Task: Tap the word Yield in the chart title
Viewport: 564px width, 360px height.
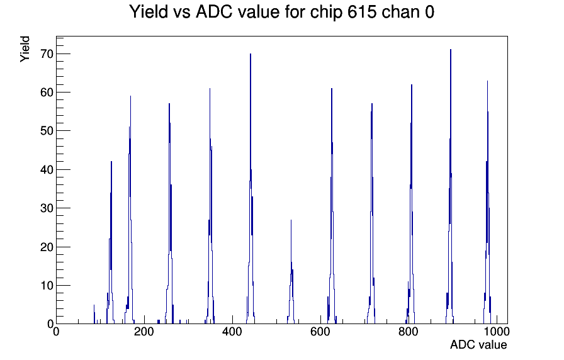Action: [x=148, y=11]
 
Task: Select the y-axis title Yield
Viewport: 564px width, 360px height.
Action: [x=25, y=49]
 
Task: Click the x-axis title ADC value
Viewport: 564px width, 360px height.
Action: [x=478, y=344]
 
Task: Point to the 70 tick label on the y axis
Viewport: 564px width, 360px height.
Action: [x=47, y=54]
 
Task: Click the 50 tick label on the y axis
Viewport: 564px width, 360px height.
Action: [x=47, y=131]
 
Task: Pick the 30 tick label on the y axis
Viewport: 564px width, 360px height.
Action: [x=47, y=208]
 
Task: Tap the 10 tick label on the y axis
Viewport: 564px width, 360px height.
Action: [x=47, y=286]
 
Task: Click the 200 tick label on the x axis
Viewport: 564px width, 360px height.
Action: [x=144, y=331]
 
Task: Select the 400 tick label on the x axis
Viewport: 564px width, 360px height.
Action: [x=232, y=331]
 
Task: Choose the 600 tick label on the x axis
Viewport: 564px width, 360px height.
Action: [x=320, y=331]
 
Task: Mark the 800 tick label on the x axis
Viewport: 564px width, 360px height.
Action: [x=409, y=331]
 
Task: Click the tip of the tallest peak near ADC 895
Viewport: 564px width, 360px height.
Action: [x=450, y=50]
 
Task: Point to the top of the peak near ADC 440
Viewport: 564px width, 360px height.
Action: [x=251, y=54]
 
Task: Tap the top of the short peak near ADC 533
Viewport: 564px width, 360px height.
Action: [x=291, y=220]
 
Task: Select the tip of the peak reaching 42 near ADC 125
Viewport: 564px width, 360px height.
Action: [x=111, y=162]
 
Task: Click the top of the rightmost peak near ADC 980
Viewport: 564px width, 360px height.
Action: [x=487, y=81]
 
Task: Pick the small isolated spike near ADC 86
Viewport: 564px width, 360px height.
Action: [x=94, y=314]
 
